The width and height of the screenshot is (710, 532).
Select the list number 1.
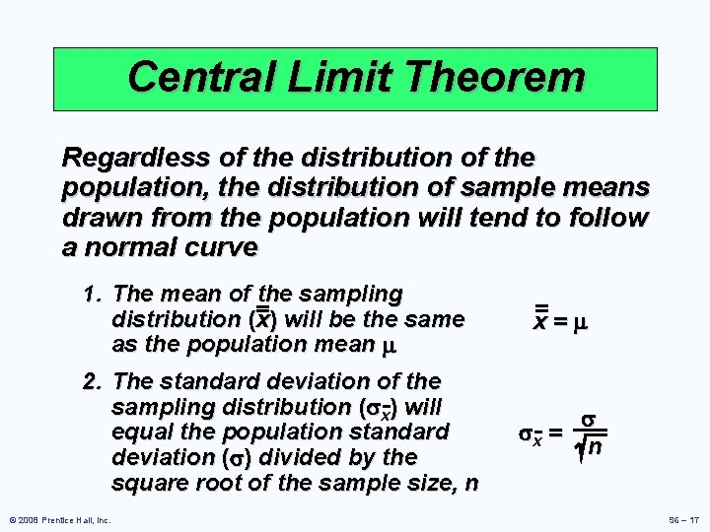click(x=92, y=294)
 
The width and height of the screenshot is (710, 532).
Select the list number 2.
click(x=92, y=381)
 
